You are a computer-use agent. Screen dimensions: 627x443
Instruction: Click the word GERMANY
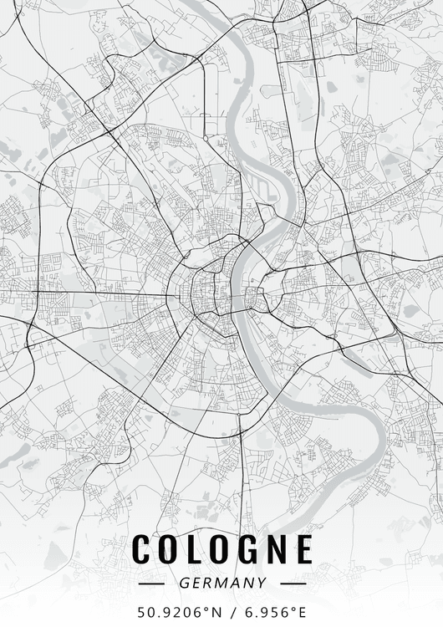click(222, 583)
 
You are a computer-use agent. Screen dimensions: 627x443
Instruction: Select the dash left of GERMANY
click(152, 583)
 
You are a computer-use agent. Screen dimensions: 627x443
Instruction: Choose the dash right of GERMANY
click(293, 583)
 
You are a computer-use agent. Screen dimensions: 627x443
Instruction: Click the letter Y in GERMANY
click(262, 583)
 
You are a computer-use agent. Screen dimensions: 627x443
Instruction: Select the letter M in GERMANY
click(222, 583)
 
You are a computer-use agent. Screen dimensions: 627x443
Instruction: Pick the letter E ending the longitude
click(303, 611)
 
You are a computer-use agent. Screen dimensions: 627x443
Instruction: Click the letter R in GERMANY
click(208, 583)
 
